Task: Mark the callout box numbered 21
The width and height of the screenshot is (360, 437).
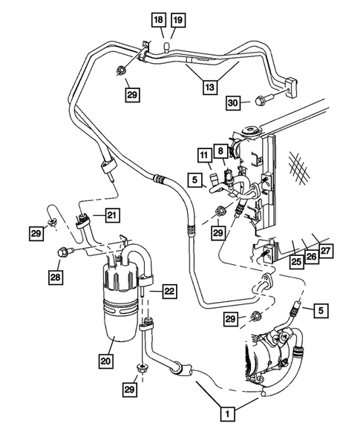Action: click(111, 216)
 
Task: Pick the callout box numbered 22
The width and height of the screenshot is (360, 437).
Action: click(169, 292)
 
